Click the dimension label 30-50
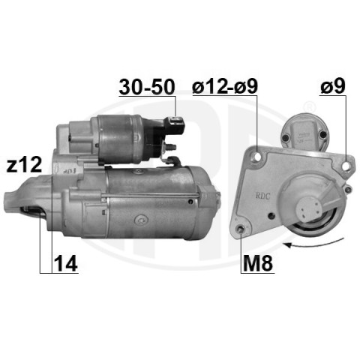[147, 87]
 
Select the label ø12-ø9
[225, 87]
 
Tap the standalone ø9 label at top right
[333, 86]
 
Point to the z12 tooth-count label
[24, 165]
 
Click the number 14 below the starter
[65, 264]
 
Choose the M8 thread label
[258, 264]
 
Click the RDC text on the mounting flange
[262, 196]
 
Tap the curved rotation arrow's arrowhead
[287, 245]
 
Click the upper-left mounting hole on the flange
[257, 157]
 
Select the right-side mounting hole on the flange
[346, 166]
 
